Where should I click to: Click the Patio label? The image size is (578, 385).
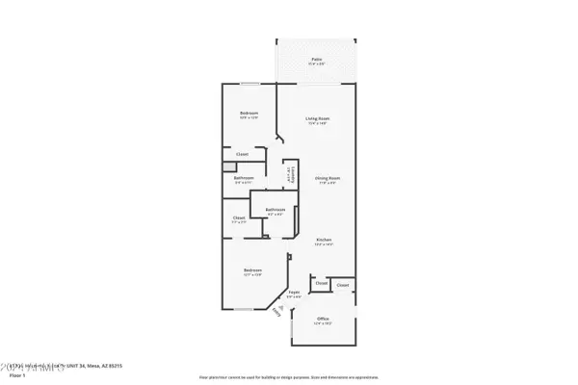[317, 59]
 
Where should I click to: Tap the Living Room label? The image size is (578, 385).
[318, 118]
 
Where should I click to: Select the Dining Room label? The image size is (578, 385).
[328, 178]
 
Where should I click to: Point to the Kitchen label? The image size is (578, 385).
[325, 240]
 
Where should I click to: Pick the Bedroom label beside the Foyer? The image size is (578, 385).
[251, 271]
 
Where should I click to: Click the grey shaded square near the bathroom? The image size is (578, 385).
[227, 165]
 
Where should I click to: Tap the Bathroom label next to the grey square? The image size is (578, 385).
[244, 178]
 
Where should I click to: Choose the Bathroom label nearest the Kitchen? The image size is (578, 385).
[275, 209]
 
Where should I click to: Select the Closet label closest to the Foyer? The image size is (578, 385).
[321, 284]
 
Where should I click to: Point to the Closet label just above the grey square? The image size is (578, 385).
[243, 154]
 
